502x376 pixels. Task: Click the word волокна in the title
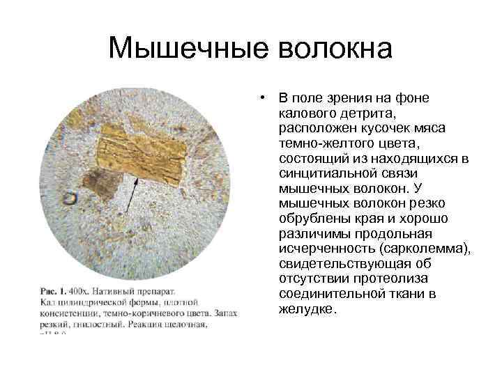(335, 49)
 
